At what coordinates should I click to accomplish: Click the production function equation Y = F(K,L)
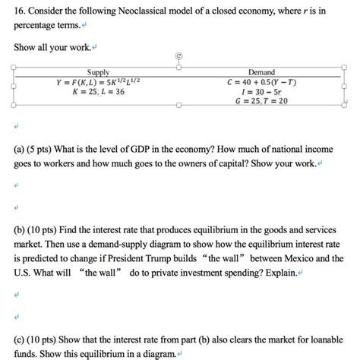pos(93,81)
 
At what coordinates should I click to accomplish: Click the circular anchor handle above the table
pos(178,55)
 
